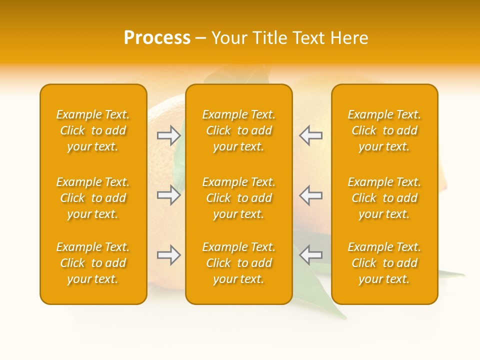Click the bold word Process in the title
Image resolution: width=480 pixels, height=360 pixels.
(x=157, y=38)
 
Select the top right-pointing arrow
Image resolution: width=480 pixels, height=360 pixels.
(x=168, y=135)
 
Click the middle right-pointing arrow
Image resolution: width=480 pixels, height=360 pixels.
(x=168, y=194)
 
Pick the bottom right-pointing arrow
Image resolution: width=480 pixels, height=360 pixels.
(x=168, y=255)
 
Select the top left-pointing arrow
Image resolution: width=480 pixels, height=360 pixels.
(x=310, y=135)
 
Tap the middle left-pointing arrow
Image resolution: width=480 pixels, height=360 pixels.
(x=310, y=194)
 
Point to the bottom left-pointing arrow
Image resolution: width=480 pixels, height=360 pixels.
(x=310, y=255)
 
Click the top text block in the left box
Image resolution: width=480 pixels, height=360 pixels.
(x=93, y=130)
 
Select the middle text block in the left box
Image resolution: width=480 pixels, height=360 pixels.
(x=93, y=198)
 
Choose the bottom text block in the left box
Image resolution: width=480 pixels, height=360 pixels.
(x=93, y=263)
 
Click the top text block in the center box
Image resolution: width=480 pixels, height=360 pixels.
(x=238, y=130)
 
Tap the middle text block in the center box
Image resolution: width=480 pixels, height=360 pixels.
(x=238, y=198)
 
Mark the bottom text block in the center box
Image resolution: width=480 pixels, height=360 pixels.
(x=238, y=263)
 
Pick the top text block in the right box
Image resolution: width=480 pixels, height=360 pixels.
(x=384, y=130)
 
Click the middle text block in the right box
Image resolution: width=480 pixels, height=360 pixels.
(x=384, y=198)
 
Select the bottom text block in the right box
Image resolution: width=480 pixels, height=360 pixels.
(x=384, y=263)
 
